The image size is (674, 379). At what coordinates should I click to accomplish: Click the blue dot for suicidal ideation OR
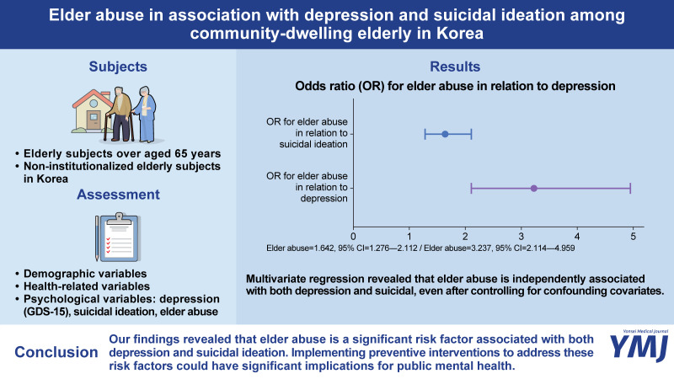click(x=445, y=133)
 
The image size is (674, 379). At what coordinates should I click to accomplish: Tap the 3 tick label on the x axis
click(x=522, y=236)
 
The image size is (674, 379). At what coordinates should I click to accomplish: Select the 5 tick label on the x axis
click(x=634, y=236)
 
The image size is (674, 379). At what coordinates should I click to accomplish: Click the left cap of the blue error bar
click(x=425, y=133)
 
